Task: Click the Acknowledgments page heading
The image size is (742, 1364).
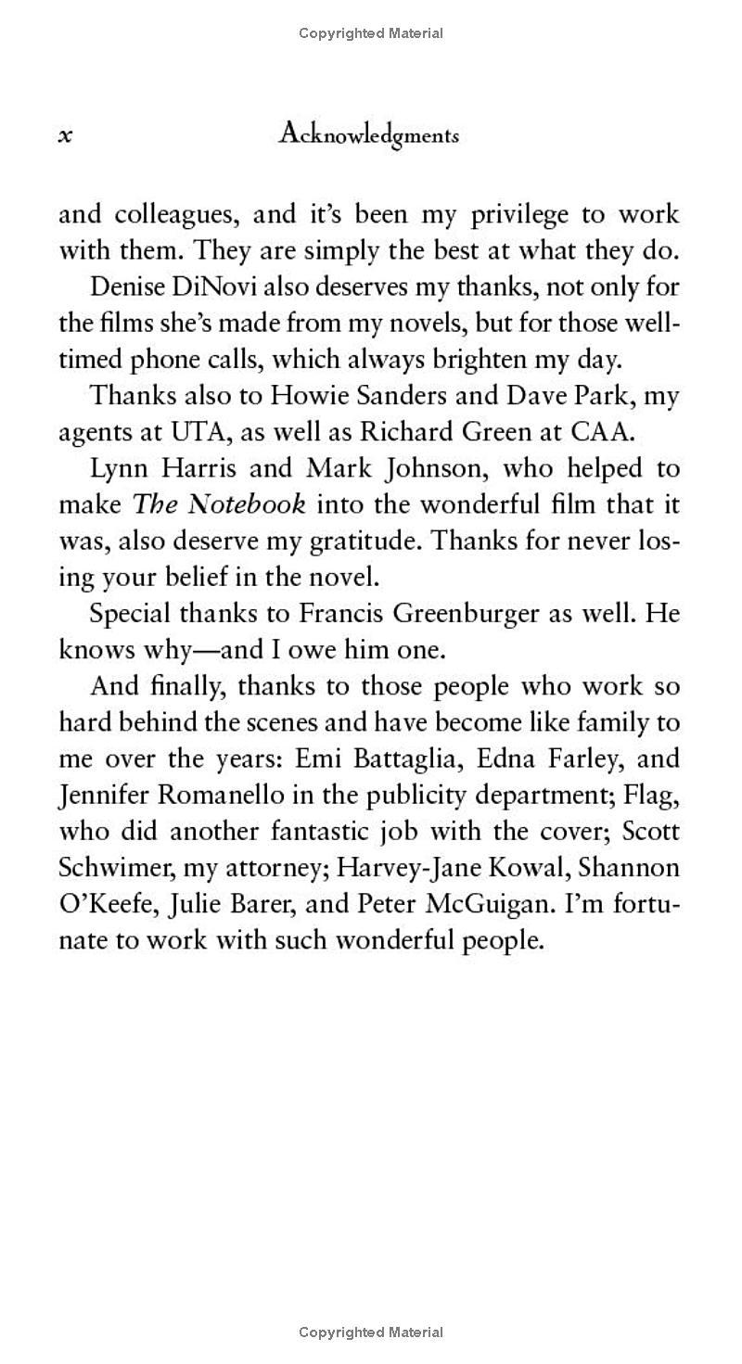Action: point(368,135)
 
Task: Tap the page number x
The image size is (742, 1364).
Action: point(65,136)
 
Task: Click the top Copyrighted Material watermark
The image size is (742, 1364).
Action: point(371,33)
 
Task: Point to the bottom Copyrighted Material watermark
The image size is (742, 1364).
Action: point(371,1332)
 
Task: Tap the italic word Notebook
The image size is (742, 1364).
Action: point(247,504)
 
